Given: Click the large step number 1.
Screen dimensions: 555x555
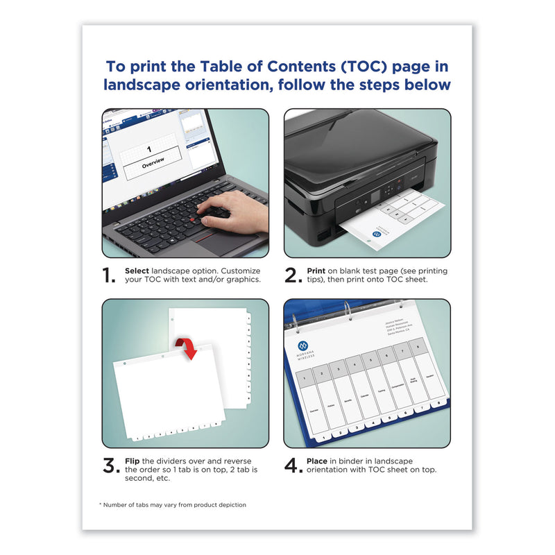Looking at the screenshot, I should click(108, 276).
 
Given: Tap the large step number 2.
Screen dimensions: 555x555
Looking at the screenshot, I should click(292, 276).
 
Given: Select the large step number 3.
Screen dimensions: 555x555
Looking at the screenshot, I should click(110, 466).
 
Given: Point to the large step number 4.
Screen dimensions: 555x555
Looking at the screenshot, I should click(293, 466).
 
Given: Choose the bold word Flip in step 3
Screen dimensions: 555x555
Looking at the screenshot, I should click(133, 461).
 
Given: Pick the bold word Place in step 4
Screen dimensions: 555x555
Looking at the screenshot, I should click(317, 461).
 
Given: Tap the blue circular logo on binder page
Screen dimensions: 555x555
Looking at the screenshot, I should click(302, 345).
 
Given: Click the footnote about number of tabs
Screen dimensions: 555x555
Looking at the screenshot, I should click(173, 504).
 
